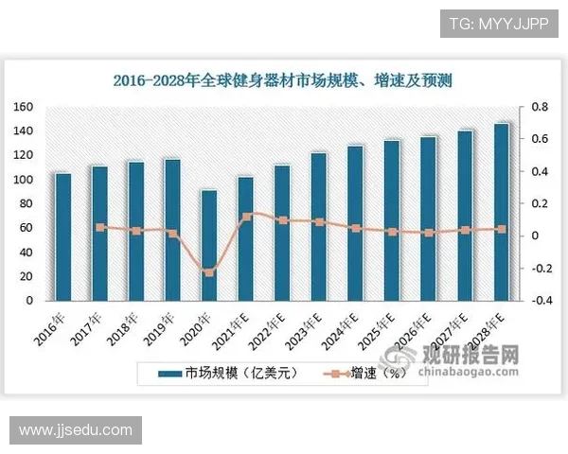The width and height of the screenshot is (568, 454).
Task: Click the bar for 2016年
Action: coord(63,236)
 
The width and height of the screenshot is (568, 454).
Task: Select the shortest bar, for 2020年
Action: coord(209,245)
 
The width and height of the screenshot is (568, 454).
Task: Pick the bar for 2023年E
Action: coord(319,226)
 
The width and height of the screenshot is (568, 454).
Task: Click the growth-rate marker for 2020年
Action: coord(209,272)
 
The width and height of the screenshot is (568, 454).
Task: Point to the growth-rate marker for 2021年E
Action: coord(246,216)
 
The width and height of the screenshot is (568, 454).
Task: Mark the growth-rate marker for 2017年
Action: coord(100,227)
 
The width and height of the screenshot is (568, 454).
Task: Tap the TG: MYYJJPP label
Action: coord(497,23)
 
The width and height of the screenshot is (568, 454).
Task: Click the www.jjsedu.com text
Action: coord(76,430)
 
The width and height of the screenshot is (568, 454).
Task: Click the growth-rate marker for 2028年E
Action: coord(502,229)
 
